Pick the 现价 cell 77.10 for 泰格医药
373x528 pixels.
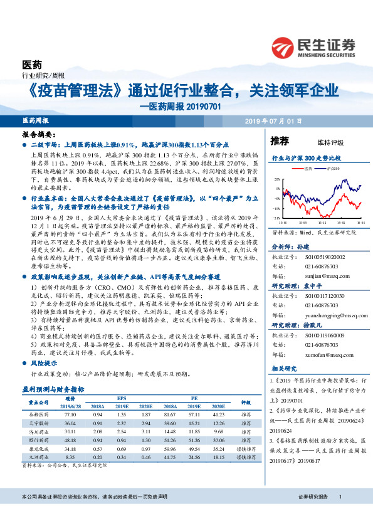point(70,414)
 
